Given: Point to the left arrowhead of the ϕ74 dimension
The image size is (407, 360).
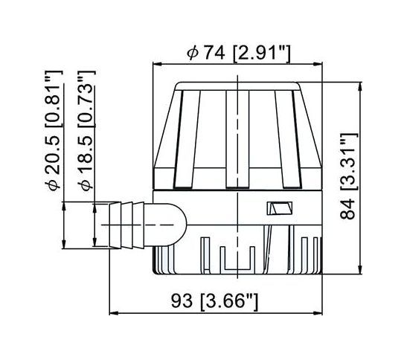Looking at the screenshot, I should tap(156, 65).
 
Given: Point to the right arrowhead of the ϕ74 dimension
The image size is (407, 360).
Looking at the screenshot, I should tap(319, 65).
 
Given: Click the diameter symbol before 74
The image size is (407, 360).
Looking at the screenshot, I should tap(193, 51).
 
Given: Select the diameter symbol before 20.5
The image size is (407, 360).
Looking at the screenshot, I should tap(53, 184).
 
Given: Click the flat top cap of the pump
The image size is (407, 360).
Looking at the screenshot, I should tap(238, 83).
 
